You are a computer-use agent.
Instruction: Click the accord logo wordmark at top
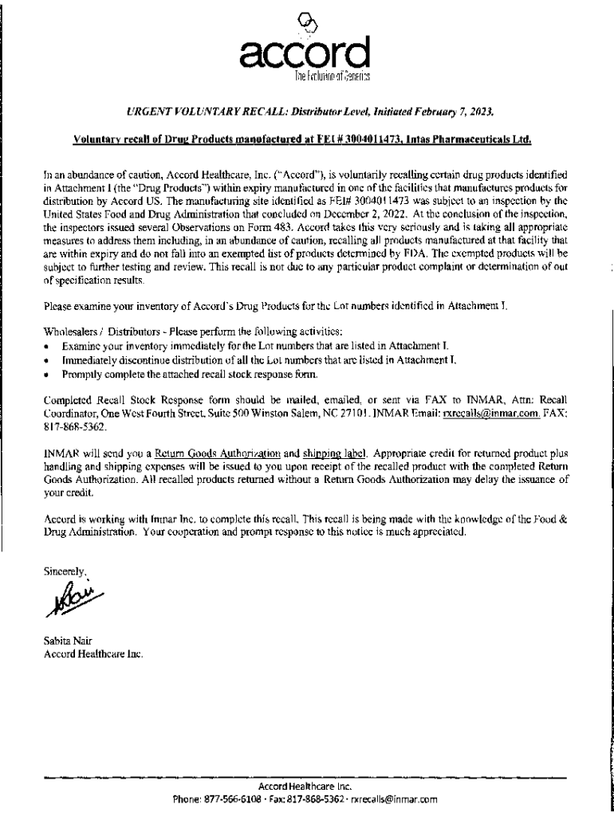306,55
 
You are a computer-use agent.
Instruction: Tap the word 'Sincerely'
63,570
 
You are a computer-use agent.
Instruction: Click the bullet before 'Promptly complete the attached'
49,373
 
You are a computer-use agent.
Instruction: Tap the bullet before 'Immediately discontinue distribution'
49,360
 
